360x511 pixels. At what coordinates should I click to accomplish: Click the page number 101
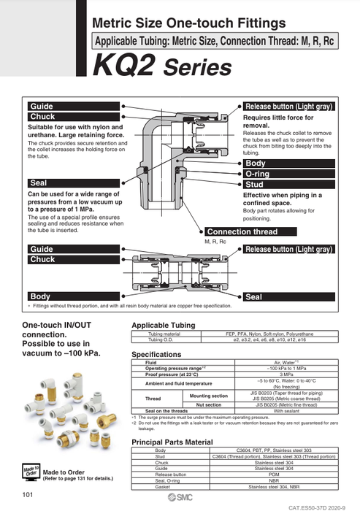[x=28, y=496]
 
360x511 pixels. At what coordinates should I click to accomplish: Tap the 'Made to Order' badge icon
[x=30, y=471]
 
